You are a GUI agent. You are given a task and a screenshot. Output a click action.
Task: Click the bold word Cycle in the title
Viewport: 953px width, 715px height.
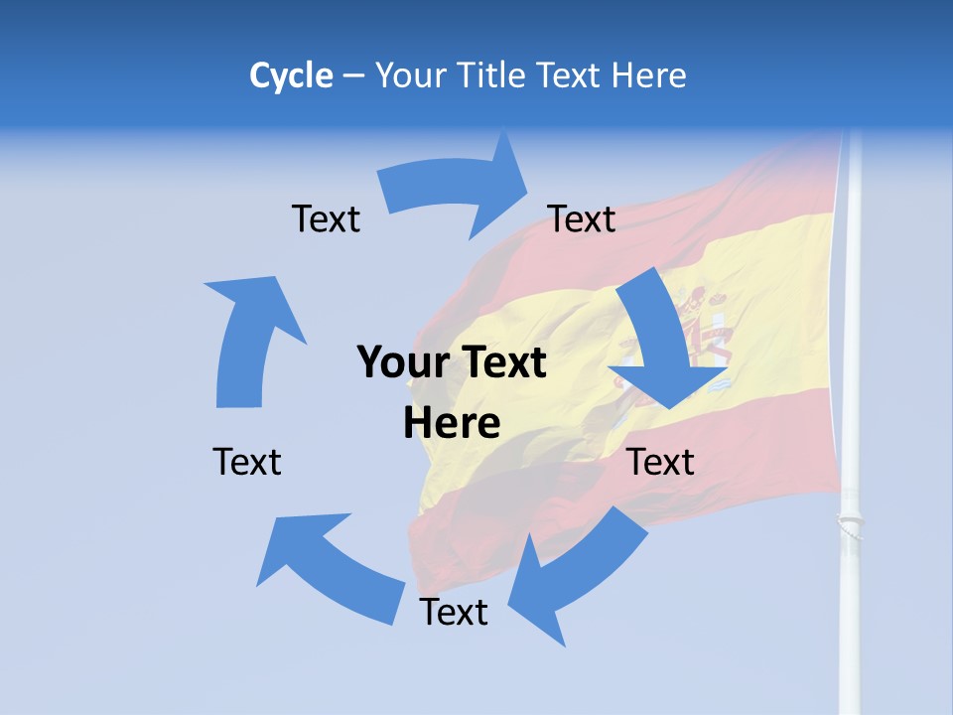pos(291,75)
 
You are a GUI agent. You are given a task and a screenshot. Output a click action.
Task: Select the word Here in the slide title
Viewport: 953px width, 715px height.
pos(649,75)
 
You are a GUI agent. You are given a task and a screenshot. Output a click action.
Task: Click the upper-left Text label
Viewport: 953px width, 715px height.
pos(326,218)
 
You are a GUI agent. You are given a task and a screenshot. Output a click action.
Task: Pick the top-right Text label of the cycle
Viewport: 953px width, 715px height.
pos(582,218)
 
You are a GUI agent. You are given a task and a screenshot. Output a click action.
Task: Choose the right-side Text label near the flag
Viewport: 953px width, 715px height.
pos(661,462)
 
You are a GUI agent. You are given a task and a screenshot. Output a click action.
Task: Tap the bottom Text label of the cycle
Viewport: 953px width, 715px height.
pos(454,612)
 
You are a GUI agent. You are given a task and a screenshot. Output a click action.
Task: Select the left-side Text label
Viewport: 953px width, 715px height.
pos(247,462)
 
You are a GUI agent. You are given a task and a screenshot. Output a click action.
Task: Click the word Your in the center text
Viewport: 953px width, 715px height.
pos(397,362)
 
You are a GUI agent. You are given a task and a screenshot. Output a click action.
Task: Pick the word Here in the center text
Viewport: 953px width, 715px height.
pos(452,423)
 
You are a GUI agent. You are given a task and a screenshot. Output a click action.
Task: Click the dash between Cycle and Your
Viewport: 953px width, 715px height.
pos(354,76)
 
